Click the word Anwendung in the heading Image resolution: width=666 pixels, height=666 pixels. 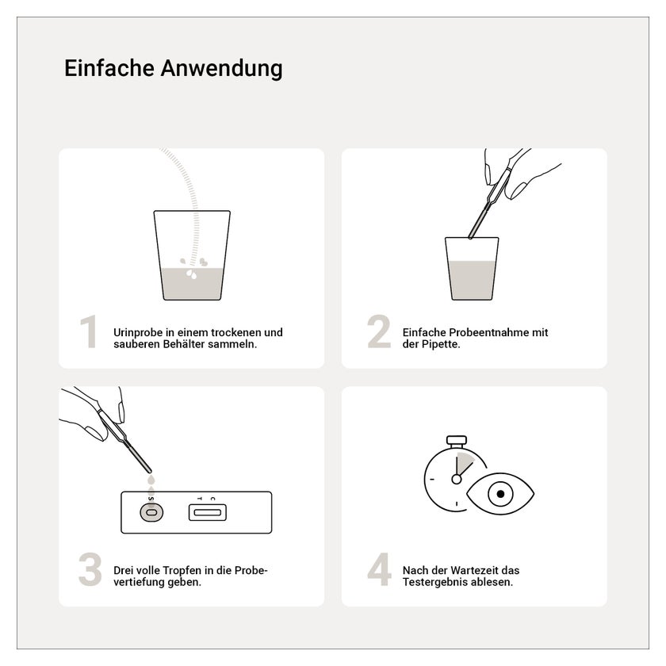(x=221, y=69)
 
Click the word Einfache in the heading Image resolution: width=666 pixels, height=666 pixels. (x=109, y=68)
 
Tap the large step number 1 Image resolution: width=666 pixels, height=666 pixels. (x=89, y=331)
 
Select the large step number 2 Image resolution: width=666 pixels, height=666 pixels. (x=379, y=331)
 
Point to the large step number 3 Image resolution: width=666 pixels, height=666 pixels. (x=90, y=569)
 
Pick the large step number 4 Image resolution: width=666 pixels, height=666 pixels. (x=379, y=569)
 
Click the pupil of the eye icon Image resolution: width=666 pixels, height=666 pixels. (x=500, y=494)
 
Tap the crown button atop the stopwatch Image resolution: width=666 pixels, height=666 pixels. (x=457, y=440)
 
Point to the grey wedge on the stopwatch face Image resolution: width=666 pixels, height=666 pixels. (x=465, y=463)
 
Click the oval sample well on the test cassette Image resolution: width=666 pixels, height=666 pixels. (x=151, y=512)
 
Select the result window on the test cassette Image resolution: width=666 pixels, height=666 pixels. (x=207, y=512)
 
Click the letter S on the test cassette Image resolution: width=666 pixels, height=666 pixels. (x=151, y=499)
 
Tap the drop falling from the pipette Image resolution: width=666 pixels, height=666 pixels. (x=151, y=480)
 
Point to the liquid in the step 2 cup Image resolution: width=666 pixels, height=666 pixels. (x=472, y=281)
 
